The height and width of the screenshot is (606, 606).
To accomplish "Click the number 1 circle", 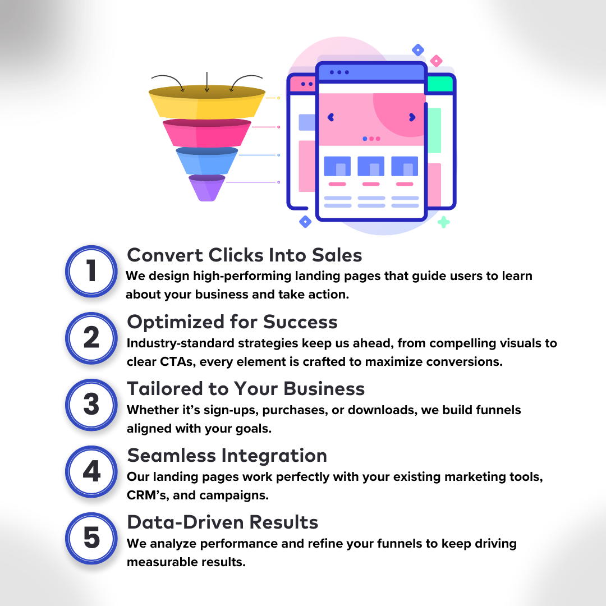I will pyautogui.click(x=91, y=271).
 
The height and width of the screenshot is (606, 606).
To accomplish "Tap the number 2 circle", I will pyautogui.click(x=91, y=338).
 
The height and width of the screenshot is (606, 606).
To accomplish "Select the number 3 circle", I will pyautogui.click(x=91, y=405).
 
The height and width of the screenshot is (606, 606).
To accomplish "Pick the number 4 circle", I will pyautogui.click(x=91, y=471).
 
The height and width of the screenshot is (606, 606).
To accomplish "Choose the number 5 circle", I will pyautogui.click(x=91, y=538).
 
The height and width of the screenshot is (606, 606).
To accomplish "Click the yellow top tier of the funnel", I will pyautogui.click(x=207, y=104).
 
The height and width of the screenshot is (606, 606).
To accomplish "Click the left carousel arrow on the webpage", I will pyautogui.click(x=330, y=117).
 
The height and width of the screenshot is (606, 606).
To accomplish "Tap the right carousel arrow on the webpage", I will pyautogui.click(x=412, y=117).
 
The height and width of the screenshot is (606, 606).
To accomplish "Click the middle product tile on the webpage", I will pyautogui.click(x=371, y=167).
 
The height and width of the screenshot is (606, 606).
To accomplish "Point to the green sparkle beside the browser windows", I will pyautogui.click(x=443, y=222).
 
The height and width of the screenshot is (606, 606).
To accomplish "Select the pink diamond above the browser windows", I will pyautogui.click(x=436, y=61).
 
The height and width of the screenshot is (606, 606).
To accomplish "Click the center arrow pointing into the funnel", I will pyautogui.click(x=207, y=82).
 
